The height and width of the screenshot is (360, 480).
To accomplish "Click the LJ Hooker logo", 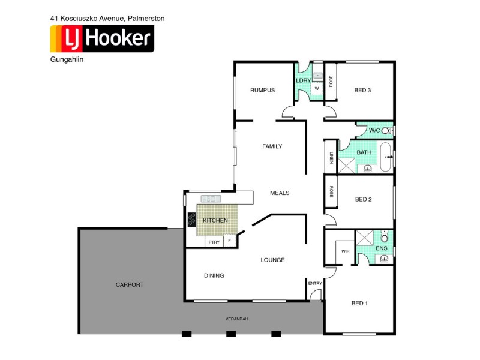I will point(102,40).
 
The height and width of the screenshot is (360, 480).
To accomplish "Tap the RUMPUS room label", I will point(262,91).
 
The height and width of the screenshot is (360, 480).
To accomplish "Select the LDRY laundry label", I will point(303,80).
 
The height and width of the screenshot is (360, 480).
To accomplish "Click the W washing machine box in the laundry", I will point(316,88).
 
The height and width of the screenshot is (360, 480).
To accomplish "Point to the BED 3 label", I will point(362,91).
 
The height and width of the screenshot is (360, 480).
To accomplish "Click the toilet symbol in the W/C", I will point(386,130).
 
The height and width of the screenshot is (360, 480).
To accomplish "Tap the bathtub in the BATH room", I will point(386,157).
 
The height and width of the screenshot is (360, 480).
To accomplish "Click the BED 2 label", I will point(364,199).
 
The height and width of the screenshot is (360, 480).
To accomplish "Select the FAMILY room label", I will point(272,146).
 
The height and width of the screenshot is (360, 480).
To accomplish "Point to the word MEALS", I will point(280,193).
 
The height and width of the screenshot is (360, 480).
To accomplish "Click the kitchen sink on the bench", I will point(211,199).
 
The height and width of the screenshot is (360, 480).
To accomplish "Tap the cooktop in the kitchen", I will point(193,221).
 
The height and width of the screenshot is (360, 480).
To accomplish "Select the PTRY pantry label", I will point(214,242).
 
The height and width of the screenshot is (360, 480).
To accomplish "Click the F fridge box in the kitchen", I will point(229,241).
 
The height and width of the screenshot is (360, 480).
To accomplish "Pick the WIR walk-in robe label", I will point(346,251).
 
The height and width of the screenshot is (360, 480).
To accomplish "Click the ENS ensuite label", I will point(382,248).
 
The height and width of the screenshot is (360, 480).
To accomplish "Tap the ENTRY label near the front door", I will point(314,283).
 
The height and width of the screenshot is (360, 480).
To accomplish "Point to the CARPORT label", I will point(130,284).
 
